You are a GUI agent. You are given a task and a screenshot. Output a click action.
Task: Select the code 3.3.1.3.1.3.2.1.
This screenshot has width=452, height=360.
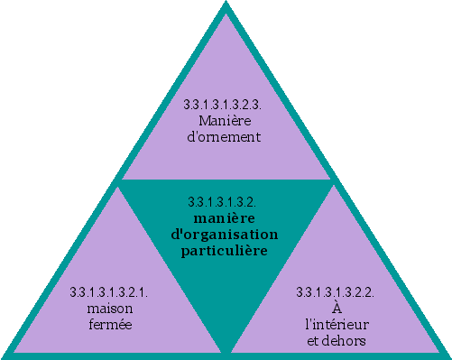point(109,292)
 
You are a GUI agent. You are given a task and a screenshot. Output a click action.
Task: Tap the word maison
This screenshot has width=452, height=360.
point(109,308)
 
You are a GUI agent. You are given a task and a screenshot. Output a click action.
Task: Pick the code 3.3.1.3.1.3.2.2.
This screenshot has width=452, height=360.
point(336,292)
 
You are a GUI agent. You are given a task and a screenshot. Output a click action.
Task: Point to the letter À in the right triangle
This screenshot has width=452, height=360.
point(336,308)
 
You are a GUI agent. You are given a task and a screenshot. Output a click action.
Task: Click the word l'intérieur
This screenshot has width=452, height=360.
point(336,323)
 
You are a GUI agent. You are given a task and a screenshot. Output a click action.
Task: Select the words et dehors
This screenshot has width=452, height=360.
point(336,339)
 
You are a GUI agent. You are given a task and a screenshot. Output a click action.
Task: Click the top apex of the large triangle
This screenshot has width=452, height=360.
point(226,4)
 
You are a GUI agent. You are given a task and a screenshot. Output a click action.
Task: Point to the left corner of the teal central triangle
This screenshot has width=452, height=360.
point(118,180)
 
